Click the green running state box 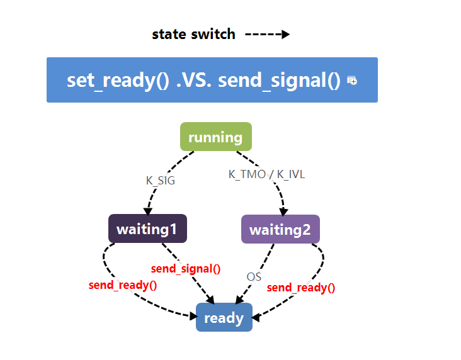[x=215, y=137]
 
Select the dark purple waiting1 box [x=147, y=229]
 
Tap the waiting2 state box [x=280, y=230]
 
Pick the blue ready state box [x=224, y=318]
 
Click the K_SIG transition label [x=161, y=180]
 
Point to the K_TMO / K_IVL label [x=266, y=174]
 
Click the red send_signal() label [x=186, y=269]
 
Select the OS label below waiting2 [x=254, y=276]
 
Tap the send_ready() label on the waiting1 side [x=123, y=284]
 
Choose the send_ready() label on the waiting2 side [x=301, y=288]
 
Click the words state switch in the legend [x=193, y=34]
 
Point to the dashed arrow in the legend [x=267, y=34]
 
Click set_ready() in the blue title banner [x=118, y=81]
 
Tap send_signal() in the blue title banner [x=279, y=81]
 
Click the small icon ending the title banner [x=352, y=81]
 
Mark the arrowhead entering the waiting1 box [x=149, y=211]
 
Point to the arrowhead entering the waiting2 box [x=283, y=211]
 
